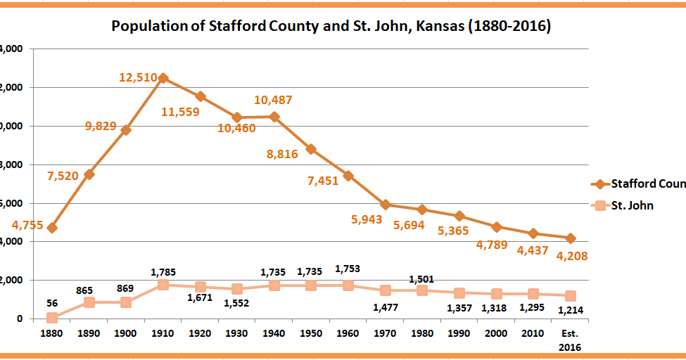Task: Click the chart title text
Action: tap(331, 27)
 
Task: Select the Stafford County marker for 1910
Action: tap(163, 78)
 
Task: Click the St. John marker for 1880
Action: tap(52, 318)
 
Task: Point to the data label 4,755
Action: tap(27, 226)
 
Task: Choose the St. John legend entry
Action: tap(631, 205)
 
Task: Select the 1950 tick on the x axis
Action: tap(312, 334)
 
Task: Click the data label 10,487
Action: tap(273, 100)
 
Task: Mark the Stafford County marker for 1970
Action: tap(386, 205)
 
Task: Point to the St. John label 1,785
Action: tap(163, 271)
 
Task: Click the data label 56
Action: tap(52, 303)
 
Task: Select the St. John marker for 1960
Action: tap(348, 285)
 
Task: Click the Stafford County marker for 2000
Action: tap(497, 227)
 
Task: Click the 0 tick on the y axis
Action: tap(18, 319)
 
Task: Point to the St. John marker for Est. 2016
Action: tap(571, 296)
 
